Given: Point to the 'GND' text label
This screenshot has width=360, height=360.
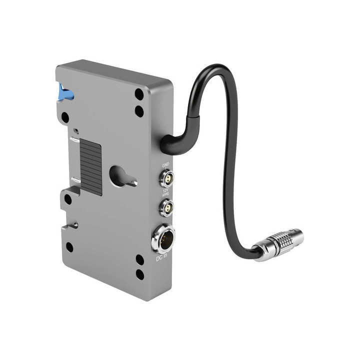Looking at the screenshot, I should click(x=165, y=164).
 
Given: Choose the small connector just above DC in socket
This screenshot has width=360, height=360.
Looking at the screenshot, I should click(x=165, y=205).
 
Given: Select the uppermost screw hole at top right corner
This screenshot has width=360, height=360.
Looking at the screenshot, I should click(x=138, y=93).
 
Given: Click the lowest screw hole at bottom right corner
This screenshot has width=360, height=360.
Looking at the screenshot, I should click(x=140, y=274).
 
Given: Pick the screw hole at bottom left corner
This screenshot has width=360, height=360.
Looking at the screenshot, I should click(x=69, y=247).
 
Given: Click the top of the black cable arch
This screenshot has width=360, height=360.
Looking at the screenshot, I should click(x=212, y=67).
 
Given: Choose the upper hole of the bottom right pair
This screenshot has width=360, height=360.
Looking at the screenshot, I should click(x=140, y=259).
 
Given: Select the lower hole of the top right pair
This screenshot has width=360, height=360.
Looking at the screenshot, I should click(x=139, y=110).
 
